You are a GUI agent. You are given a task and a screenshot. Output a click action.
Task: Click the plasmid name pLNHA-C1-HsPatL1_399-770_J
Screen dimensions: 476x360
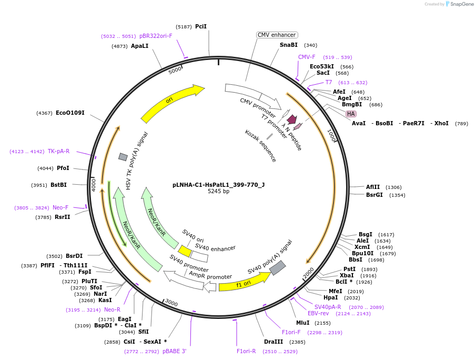[x=218, y=185]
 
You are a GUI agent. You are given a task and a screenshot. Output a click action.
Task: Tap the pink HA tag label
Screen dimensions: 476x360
[x=351, y=114]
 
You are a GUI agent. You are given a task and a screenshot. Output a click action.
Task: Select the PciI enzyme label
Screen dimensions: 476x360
[x=200, y=26]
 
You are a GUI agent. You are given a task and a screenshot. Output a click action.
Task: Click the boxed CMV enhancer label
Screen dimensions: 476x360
[x=277, y=35]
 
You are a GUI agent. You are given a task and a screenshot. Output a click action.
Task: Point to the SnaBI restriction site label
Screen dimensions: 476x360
[x=288, y=45]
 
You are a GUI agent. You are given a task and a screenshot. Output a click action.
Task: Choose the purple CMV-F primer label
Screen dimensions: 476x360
[x=307, y=57]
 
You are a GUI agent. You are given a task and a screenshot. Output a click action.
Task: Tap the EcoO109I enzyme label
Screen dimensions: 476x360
[x=70, y=113]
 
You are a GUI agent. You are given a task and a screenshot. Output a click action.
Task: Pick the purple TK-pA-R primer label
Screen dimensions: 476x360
[x=58, y=151]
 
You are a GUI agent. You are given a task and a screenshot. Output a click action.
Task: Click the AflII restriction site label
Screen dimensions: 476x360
[x=372, y=187]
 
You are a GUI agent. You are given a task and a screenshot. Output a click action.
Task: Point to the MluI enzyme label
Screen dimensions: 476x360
[x=302, y=323]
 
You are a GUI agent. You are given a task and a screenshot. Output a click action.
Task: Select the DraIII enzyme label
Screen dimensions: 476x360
[x=274, y=342]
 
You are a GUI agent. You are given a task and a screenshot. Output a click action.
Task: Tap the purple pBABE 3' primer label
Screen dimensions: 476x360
[x=174, y=351]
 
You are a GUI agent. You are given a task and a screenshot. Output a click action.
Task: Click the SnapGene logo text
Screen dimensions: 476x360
[x=459, y=4]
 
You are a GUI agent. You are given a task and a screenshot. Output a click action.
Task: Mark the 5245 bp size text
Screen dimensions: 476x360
[x=218, y=192]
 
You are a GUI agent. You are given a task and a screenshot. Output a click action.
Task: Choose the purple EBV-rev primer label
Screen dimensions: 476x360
[x=318, y=313]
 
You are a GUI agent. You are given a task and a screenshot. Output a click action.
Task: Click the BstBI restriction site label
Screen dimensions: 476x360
[x=58, y=185]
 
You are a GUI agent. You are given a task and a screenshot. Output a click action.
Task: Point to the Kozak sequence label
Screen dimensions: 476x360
[x=260, y=146]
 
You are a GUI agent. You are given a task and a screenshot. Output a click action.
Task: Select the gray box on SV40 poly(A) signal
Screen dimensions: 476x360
[x=277, y=268]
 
